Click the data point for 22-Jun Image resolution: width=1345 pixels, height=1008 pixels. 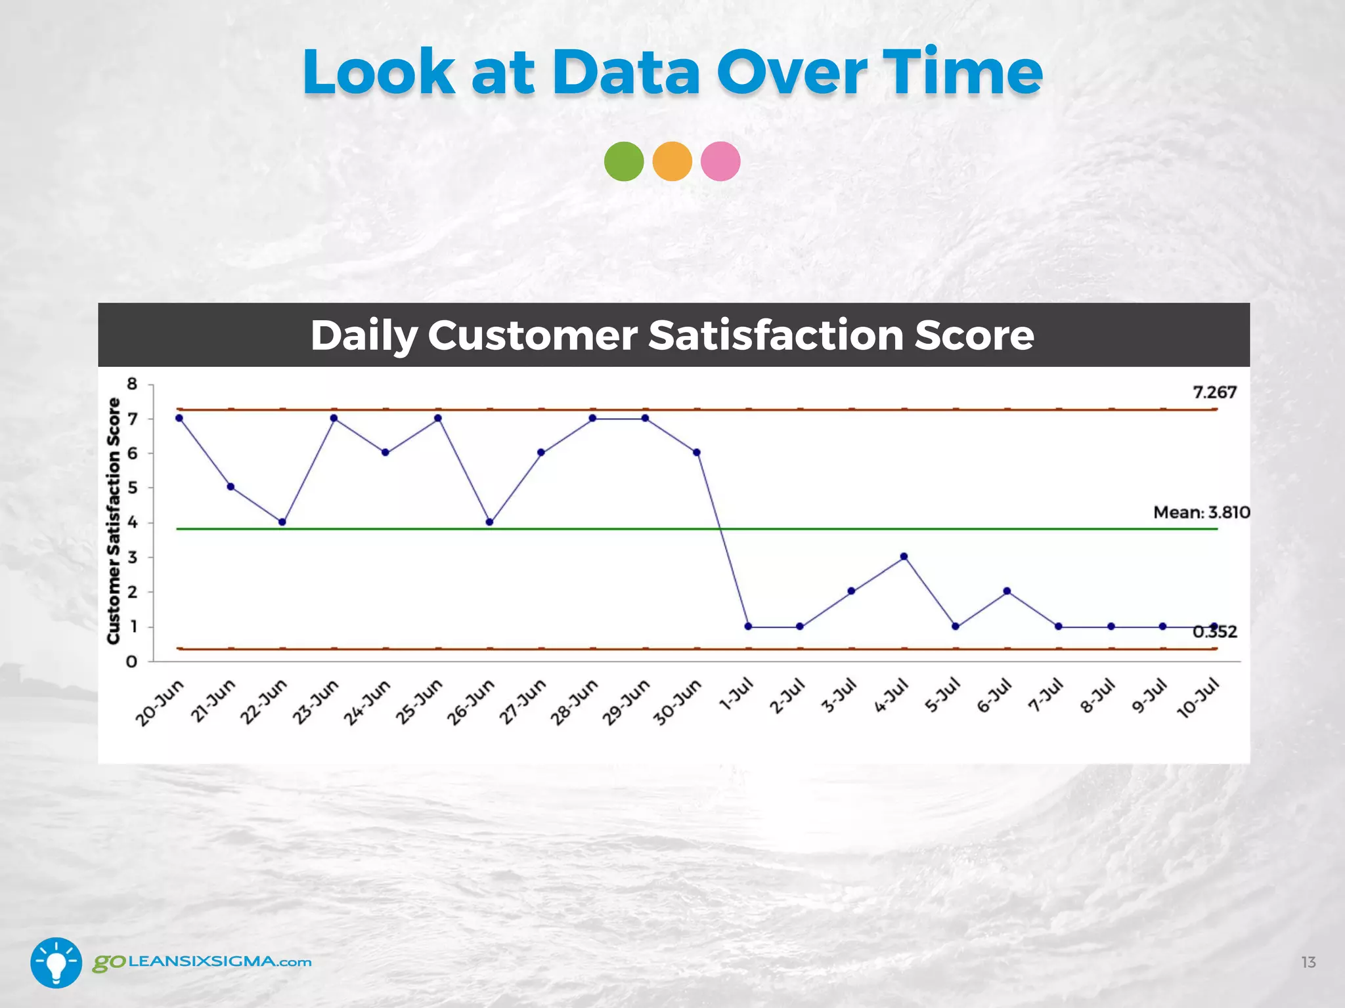click(x=282, y=522)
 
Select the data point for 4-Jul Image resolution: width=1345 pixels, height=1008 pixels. click(x=904, y=556)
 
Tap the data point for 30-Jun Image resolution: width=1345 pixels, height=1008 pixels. click(x=697, y=452)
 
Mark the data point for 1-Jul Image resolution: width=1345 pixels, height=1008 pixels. click(x=748, y=626)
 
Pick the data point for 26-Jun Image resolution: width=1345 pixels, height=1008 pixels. click(x=489, y=522)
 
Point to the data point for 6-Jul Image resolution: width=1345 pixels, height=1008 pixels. click(x=1007, y=591)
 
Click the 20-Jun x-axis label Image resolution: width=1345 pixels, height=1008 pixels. click(x=160, y=703)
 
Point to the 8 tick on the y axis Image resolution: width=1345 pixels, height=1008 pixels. click(x=132, y=384)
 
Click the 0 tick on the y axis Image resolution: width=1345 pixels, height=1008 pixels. click(x=132, y=661)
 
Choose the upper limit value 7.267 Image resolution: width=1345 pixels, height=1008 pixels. click(x=1214, y=392)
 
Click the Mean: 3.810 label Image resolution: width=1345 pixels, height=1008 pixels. click(x=1201, y=513)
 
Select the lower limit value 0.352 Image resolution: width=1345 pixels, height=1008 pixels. click(x=1214, y=632)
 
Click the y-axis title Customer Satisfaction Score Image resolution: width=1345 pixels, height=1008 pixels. click(x=114, y=521)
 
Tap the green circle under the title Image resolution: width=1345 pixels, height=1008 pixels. click(x=624, y=161)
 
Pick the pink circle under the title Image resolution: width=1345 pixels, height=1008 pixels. click(x=720, y=161)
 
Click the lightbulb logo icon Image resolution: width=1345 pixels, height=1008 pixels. click(x=56, y=962)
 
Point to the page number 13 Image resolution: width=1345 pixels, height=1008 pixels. click(x=1308, y=962)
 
